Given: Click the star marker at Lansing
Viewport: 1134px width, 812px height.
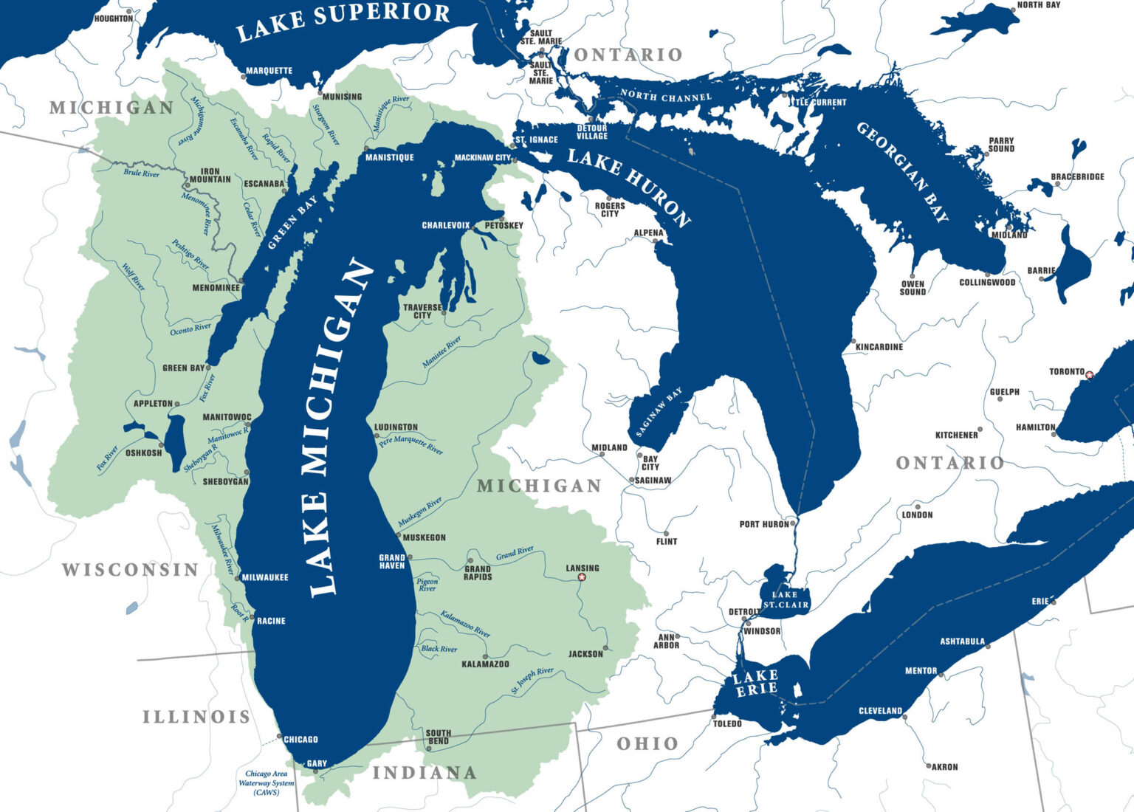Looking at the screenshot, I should click(581, 577).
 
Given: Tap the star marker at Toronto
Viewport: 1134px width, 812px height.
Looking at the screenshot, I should click(1089, 375).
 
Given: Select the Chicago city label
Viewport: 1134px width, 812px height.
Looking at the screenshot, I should click(300, 739).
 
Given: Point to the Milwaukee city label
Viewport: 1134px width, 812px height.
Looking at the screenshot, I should click(265, 577).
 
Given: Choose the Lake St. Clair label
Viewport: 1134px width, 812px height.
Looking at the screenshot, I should click(786, 599).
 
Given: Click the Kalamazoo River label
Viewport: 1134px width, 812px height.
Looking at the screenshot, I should click(465, 624).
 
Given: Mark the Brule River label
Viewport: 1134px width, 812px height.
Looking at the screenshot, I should click(141, 173).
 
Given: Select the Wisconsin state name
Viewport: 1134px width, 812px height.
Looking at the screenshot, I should click(130, 570).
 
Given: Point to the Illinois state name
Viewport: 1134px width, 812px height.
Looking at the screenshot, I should click(196, 717).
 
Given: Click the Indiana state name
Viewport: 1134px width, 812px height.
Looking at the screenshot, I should click(425, 773).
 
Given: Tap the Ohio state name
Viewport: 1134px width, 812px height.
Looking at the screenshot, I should click(647, 743).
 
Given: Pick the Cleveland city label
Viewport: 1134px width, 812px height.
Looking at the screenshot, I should click(880, 711).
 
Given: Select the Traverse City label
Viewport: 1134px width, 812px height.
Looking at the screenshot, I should click(422, 312).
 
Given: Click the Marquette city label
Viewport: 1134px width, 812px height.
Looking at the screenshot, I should click(269, 71).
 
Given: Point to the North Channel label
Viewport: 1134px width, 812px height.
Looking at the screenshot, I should click(666, 95).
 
